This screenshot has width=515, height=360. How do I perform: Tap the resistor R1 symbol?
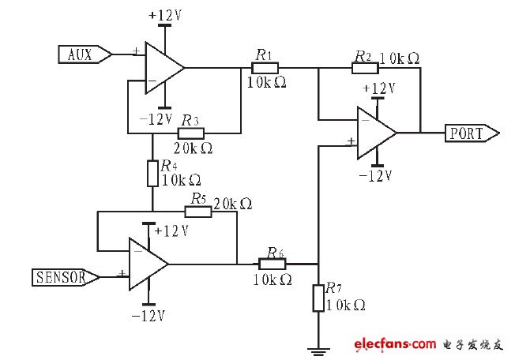click(x=262, y=68)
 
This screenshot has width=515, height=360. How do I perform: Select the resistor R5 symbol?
click(x=197, y=212)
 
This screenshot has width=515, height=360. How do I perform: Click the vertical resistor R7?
click(x=318, y=298)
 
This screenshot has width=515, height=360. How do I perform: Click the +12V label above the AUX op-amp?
click(x=165, y=14)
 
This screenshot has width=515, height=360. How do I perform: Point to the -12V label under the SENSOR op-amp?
click(x=148, y=316)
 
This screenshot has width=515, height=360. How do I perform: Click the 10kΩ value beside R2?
click(x=400, y=59)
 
